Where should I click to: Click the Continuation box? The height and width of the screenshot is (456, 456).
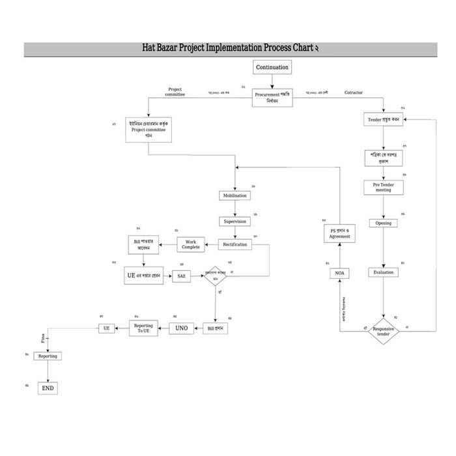click(x=272, y=68)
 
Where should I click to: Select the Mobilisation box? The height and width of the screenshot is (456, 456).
click(x=235, y=195)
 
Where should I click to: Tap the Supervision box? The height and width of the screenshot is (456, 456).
click(x=235, y=221)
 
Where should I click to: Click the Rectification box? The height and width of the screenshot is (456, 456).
click(x=235, y=245)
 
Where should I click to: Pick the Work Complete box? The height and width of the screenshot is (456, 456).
click(x=191, y=245)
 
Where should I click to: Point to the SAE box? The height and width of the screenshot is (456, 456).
click(x=182, y=276)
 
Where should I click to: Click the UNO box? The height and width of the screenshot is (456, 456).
click(x=182, y=328)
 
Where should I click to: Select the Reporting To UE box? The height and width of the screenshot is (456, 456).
click(x=143, y=328)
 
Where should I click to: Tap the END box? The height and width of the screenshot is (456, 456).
click(x=48, y=388)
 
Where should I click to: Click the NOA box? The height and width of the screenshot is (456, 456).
click(x=339, y=274)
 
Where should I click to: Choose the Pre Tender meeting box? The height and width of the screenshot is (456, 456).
click(x=383, y=187)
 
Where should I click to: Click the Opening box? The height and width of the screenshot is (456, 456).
click(x=384, y=223)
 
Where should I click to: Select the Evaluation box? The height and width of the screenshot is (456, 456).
click(x=384, y=272)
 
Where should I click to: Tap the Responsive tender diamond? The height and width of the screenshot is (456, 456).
click(x=384, y=332)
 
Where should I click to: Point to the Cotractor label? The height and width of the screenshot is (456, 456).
click(x=354, y=93)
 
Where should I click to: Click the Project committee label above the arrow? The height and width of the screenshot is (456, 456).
click(x=175, y=92)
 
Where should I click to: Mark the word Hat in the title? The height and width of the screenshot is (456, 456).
click(x=151, y=49)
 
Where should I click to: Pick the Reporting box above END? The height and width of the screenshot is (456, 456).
click(x=48, y=356)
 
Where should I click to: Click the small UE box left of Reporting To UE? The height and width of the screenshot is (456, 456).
click(x=106, y=328)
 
